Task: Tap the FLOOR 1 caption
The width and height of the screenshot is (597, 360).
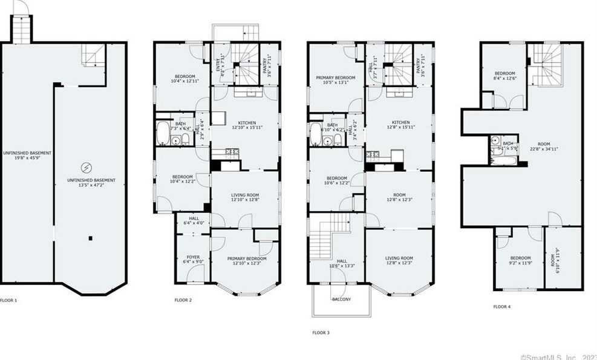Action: (8, 299)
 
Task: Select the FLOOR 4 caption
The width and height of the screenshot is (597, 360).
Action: (501, 307)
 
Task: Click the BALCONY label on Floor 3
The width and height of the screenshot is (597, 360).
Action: (341, 299)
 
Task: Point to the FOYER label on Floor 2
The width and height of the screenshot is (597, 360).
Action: (193, 257)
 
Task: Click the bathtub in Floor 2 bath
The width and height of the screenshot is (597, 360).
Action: (163, 133)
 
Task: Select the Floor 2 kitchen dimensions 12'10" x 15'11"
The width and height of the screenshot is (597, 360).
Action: (247, 128)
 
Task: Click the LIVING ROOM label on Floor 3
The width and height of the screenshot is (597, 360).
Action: (399, 258)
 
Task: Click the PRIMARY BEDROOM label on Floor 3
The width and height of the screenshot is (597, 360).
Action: (336, 78)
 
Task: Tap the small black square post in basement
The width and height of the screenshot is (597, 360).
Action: (90, 237)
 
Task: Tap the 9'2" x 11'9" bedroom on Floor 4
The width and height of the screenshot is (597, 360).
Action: (520, 260)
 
